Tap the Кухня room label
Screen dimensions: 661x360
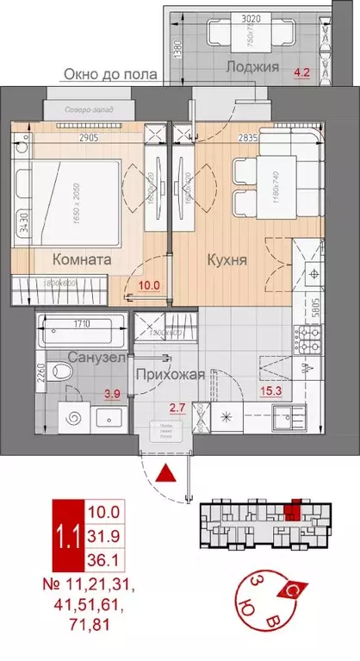pyautogui.click(x=226, y=258)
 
